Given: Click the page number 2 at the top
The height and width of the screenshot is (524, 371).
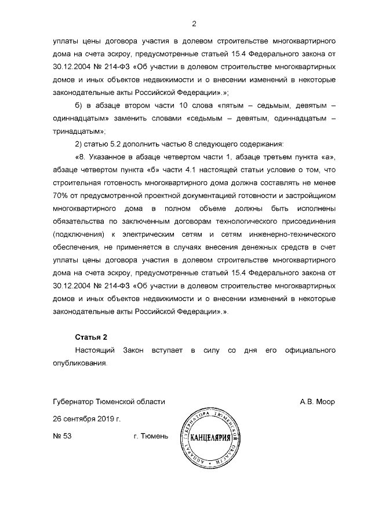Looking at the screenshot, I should pyautogui.click(x=194, y=24).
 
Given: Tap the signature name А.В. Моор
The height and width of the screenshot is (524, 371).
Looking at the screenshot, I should pyautogui.click(x=317, y=401).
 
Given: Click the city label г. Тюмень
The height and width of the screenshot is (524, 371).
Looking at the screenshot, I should pyautogui.click(x=151, y=436).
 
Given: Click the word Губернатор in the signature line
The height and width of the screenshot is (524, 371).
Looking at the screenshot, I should pyautogui.click(x=72, y=401).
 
